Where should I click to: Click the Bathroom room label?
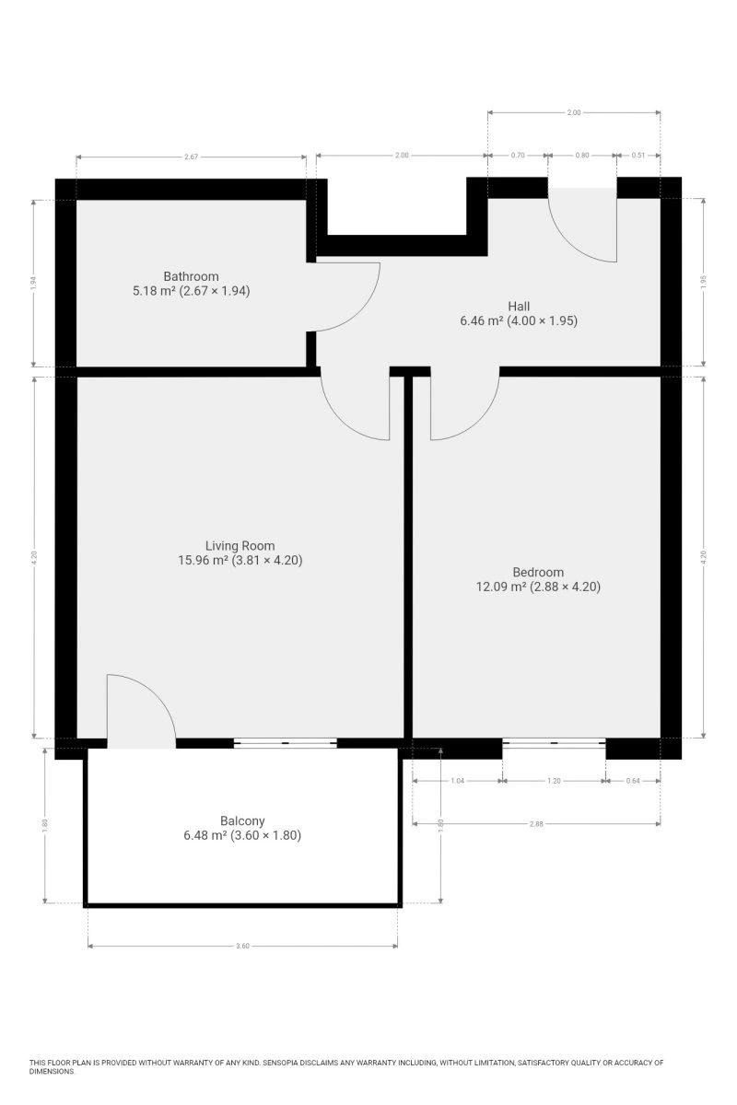(x=191, y=276)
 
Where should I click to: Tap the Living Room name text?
(x=240, y=545)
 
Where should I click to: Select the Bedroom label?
(x=538, y=572)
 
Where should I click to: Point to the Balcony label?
(x=242, y=820)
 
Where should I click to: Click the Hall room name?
(x=519, y=307)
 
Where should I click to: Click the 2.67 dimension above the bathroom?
(x=191, y=157)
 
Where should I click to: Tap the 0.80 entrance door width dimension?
(x=582, y=155)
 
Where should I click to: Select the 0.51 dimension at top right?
(x=638, y=155)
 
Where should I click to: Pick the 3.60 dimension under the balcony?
(x=242, y=947)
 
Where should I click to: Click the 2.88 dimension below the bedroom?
(x=536, y=824)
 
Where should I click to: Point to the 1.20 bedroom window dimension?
(x=555, y=781)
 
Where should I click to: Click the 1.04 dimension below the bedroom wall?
(x=458, y=781)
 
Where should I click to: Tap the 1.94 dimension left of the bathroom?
(x=33, y=283)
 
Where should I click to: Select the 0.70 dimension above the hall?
(x=518, y=155)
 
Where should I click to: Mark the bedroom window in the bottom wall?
(x=554, y=743)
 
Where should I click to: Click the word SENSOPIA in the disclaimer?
(x=280, y=1063)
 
